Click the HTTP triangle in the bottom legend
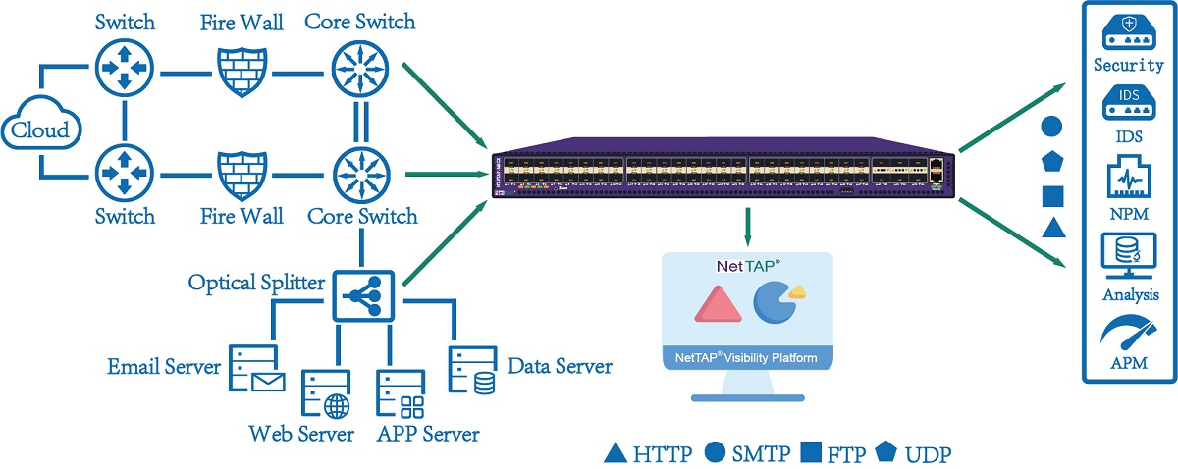(615, 453)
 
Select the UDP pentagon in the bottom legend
(887, 453)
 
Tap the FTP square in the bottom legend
(811, 453)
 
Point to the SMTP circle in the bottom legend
(716, 453)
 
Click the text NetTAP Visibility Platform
(747, 357)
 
